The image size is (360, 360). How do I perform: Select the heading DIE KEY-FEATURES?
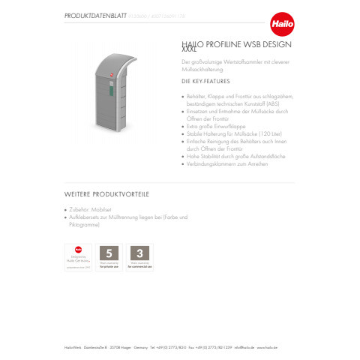tap(205, 80)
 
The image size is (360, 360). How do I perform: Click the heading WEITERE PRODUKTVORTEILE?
tap(106, 194)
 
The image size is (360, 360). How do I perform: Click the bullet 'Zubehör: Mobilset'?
tap(92, 209)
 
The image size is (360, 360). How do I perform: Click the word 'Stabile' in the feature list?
tap(193, 132)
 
